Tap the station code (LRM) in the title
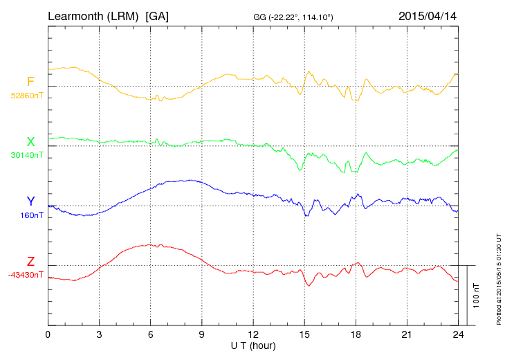125,16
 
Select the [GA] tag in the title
157,16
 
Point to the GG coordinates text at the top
294,17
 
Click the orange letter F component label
30,82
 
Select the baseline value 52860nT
27,96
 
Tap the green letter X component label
30,142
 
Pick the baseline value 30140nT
27,155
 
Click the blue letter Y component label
30,201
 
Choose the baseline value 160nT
32,215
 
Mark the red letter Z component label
30,262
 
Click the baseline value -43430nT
26,275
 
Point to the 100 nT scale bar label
476,295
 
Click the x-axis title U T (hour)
253,345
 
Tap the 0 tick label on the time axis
48,334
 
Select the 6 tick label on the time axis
151,334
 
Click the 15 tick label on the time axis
304,334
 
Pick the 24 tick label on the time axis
459,334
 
